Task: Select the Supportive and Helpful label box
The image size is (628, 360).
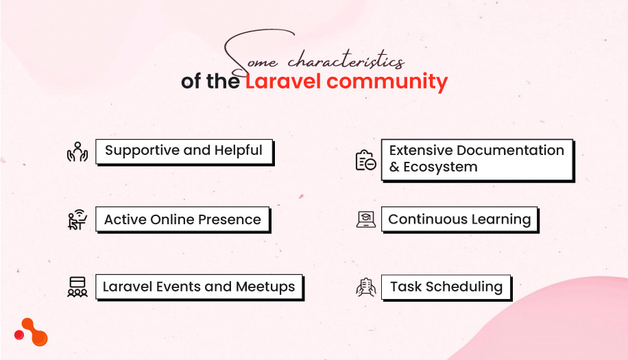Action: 184,151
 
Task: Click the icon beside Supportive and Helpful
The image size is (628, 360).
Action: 77,152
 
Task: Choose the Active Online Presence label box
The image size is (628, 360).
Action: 182,220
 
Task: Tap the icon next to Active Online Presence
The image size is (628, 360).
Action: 77,220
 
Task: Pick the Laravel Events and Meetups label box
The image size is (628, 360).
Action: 199,287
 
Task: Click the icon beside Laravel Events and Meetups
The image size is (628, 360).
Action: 77,287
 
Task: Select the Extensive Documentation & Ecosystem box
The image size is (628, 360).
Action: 476,159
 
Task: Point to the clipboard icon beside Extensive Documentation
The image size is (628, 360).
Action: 365,160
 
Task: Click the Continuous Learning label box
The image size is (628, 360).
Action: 459,220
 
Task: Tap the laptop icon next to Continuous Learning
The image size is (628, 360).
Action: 366,219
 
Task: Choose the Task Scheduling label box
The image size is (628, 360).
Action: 446,287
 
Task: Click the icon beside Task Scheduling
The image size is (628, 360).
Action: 366,287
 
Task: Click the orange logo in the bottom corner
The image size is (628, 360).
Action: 32,332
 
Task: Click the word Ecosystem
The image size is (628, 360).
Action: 440,167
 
